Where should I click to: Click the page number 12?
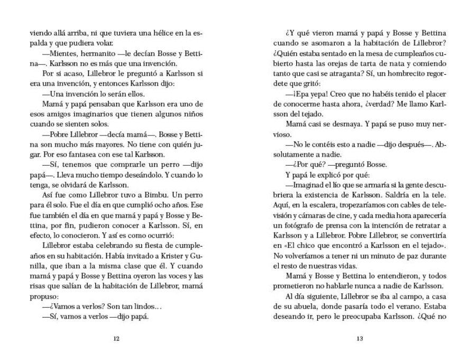point(116,339)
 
